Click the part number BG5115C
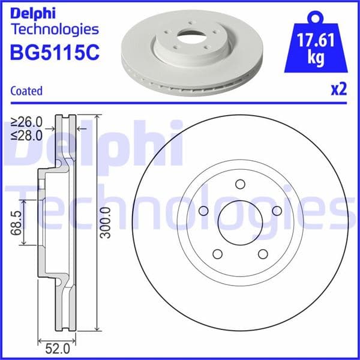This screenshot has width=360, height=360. click(54, 53)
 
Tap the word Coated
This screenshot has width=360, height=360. click(27, 91)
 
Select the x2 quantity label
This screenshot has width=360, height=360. click(339, 90)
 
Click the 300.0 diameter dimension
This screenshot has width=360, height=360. click(106, 222)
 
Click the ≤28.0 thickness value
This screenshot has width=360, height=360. click(28, 135)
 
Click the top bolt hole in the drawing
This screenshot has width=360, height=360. click(240, 184)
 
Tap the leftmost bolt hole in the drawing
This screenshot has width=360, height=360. click(203, 211)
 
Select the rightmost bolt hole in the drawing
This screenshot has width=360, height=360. click(277, 211)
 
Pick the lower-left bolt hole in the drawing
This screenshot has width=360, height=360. click(217, 254)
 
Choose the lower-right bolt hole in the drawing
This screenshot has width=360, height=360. click(263, 254)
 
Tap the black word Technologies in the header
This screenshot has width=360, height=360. click(54, 29)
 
